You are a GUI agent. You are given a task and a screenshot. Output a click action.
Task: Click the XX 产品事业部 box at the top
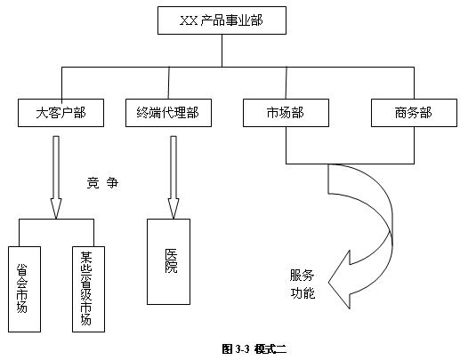(x=222, y=20)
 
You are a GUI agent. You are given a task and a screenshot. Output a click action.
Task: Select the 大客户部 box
(x=61, y=113)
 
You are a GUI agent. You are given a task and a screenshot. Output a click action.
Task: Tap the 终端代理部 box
(x=168, y=113)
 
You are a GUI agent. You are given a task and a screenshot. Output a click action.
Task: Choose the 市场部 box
(x=286, y=113)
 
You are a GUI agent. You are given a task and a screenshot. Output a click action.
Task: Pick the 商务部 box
(x=414, y=113)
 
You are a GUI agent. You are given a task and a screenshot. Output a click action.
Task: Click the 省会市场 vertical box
(x=24, y=289)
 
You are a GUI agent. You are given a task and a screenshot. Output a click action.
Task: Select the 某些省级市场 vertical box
(x=88, y=289)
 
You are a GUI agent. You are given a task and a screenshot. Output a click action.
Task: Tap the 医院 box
(x=168, y=261)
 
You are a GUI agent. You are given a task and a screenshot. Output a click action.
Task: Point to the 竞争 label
(x=102, y=183)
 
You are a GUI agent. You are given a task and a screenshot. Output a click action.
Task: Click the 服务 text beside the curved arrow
(x=302, y=275)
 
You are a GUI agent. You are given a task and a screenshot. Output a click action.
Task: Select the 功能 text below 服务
(x=303, y=293)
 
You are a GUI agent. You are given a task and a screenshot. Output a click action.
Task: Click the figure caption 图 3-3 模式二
(x=254, y=349)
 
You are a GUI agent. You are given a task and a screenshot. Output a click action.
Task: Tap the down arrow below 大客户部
(x=56, y=177)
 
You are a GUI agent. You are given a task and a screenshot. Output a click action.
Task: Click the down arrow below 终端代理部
(x=174, y=177)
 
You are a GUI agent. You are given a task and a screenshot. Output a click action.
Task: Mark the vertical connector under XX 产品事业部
(x=222, y=51)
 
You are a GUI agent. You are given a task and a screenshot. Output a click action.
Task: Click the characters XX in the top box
(x=189, y=20)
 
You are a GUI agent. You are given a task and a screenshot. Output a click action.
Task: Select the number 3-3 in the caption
(x=242, y=349)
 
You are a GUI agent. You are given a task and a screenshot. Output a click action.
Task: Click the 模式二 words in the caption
(x=270, y=349)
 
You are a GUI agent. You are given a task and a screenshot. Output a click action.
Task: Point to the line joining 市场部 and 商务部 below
(x=350, y=164)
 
